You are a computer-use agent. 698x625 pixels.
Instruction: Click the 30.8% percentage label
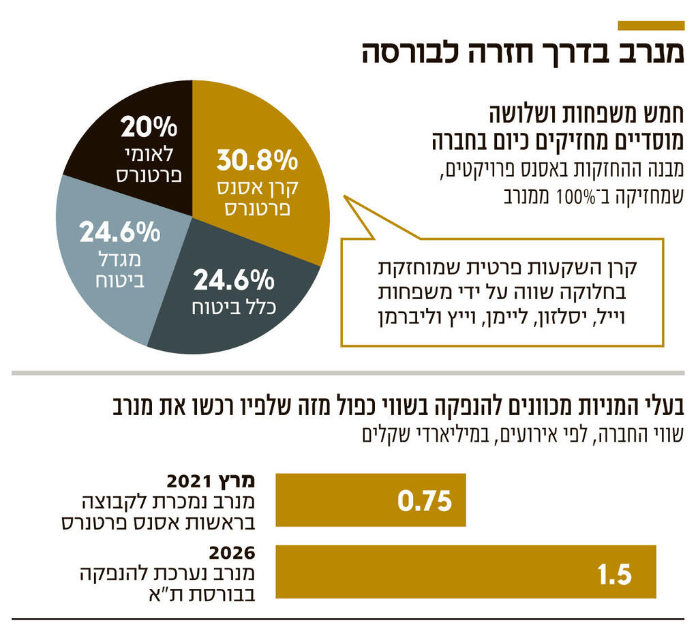257,162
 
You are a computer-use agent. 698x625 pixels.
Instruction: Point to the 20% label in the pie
149,127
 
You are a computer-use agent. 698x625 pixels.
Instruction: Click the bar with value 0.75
370,500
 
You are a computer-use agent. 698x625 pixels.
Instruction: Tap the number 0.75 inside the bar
425,502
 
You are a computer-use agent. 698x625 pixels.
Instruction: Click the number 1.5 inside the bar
614,574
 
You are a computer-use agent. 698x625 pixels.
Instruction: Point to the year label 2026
232,551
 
